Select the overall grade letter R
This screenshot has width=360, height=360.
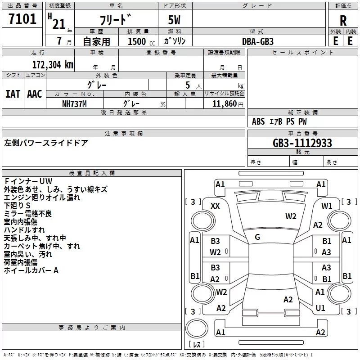point(343,21)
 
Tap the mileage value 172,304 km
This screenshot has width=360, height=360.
point(53,65)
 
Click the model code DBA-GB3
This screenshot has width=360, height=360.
point(257,41)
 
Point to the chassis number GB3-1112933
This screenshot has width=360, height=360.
point(302,143)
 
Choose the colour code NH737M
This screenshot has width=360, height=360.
point(75,103)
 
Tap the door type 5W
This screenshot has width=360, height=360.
point(175,21)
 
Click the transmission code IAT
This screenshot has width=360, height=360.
point(13,94)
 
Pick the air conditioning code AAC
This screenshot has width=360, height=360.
point(35,94)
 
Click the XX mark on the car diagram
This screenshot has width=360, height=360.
point(216,206)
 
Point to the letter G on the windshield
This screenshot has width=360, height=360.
point(257,237)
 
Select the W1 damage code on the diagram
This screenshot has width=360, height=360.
point(327,206)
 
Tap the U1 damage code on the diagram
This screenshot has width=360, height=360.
point(320,308)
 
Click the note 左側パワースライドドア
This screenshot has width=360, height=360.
point(46,143)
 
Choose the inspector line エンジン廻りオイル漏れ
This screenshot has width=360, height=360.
point(42,198)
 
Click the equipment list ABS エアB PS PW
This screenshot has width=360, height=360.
point(280,121)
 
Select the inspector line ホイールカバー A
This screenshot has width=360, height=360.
point(31,270)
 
